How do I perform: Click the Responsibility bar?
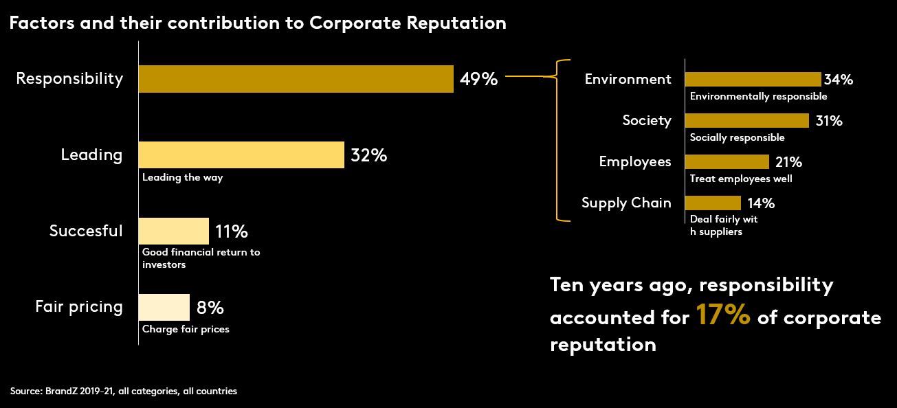click(x=296, y=79)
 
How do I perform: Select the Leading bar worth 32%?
click(x=241, y=155)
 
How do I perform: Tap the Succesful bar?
click(x=173, y=231)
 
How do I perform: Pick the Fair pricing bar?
click(x=164, y=307)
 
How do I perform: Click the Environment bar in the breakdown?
click(x=753, y=79)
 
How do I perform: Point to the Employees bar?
click(x=727, y=162)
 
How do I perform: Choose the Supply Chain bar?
click(x=713, y=203)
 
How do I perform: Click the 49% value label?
click(x=478, y=79)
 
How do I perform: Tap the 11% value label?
click(x=231, y=231)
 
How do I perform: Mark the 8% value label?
click(x=210, y=307)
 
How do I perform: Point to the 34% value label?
click(x=839, y=80)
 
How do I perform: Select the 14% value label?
click(x=760, y=203)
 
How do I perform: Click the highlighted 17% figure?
click(x=722, y=317)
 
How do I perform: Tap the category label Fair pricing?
click(x=79, y=307)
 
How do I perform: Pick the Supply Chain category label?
click(x=626, y=203)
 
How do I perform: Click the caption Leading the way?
click(x=183, y=177)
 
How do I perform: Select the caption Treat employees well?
click(x=741, y=179)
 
